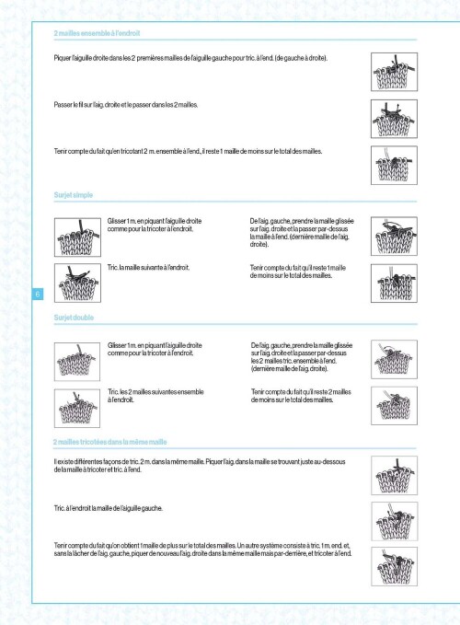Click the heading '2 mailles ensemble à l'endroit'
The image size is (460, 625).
point(97,33)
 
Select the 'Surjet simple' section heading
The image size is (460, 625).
point(74,195)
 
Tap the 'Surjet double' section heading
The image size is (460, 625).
point(74,318)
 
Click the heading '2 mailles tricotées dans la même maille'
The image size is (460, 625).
point(109,442)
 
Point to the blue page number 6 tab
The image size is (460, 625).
point(38,295)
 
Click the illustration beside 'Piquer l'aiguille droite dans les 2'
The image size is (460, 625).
point(395,72)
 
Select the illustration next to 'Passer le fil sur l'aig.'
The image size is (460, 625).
point(395,119)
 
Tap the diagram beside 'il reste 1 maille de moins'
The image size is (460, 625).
point(395,165)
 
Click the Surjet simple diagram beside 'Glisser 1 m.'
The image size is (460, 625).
point(77,237)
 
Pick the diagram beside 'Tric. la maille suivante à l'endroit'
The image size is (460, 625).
point(77,283)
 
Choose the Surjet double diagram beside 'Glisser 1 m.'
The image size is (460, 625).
point(77,362)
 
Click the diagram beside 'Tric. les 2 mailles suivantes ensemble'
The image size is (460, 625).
point(77,408)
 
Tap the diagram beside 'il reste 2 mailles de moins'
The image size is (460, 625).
point(395,405)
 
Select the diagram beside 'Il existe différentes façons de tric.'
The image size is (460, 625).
point(395,476)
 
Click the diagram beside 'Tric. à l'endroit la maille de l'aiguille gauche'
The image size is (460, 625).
point(395,521)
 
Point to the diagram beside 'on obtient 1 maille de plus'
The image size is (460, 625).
point(395,566)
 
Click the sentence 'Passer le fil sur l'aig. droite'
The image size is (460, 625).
point(126,105)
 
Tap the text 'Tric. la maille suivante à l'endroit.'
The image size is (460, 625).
point(148,268)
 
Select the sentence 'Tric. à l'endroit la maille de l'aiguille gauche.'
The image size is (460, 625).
point(109,508)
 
